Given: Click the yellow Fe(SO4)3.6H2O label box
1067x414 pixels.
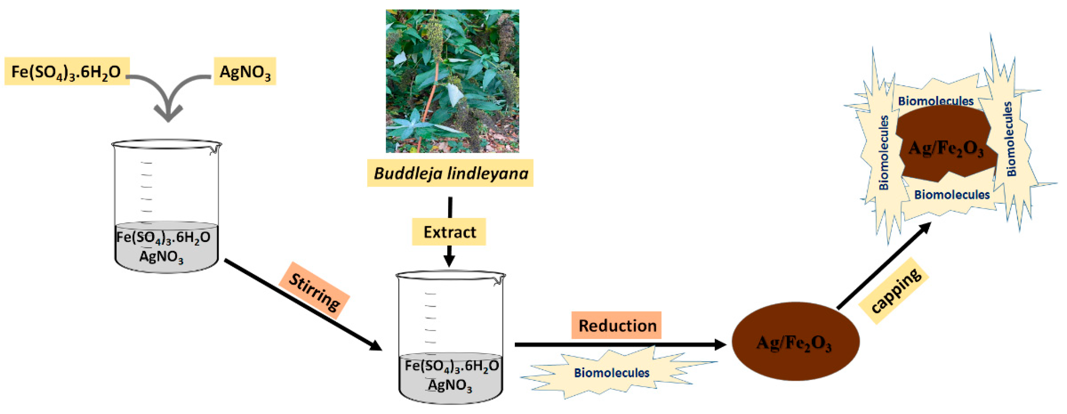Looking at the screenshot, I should tap(67, 71).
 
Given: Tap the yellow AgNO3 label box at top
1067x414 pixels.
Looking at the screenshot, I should tap(245, 71).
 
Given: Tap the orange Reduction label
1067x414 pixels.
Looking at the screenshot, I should tap(617, 325).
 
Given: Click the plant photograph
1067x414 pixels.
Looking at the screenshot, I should tap(452, 81).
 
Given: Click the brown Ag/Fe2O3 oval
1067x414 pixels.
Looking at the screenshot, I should tap(795, 341).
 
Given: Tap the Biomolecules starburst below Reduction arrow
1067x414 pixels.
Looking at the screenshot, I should tap(611, 372).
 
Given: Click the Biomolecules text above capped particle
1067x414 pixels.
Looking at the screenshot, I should tap(936, 101).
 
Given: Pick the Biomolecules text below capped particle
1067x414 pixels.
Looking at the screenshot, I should tap(952, 194).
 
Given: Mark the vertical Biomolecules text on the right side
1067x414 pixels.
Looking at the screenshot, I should tap(1011, 139).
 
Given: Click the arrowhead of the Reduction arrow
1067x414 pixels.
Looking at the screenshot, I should tap(720, 344).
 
